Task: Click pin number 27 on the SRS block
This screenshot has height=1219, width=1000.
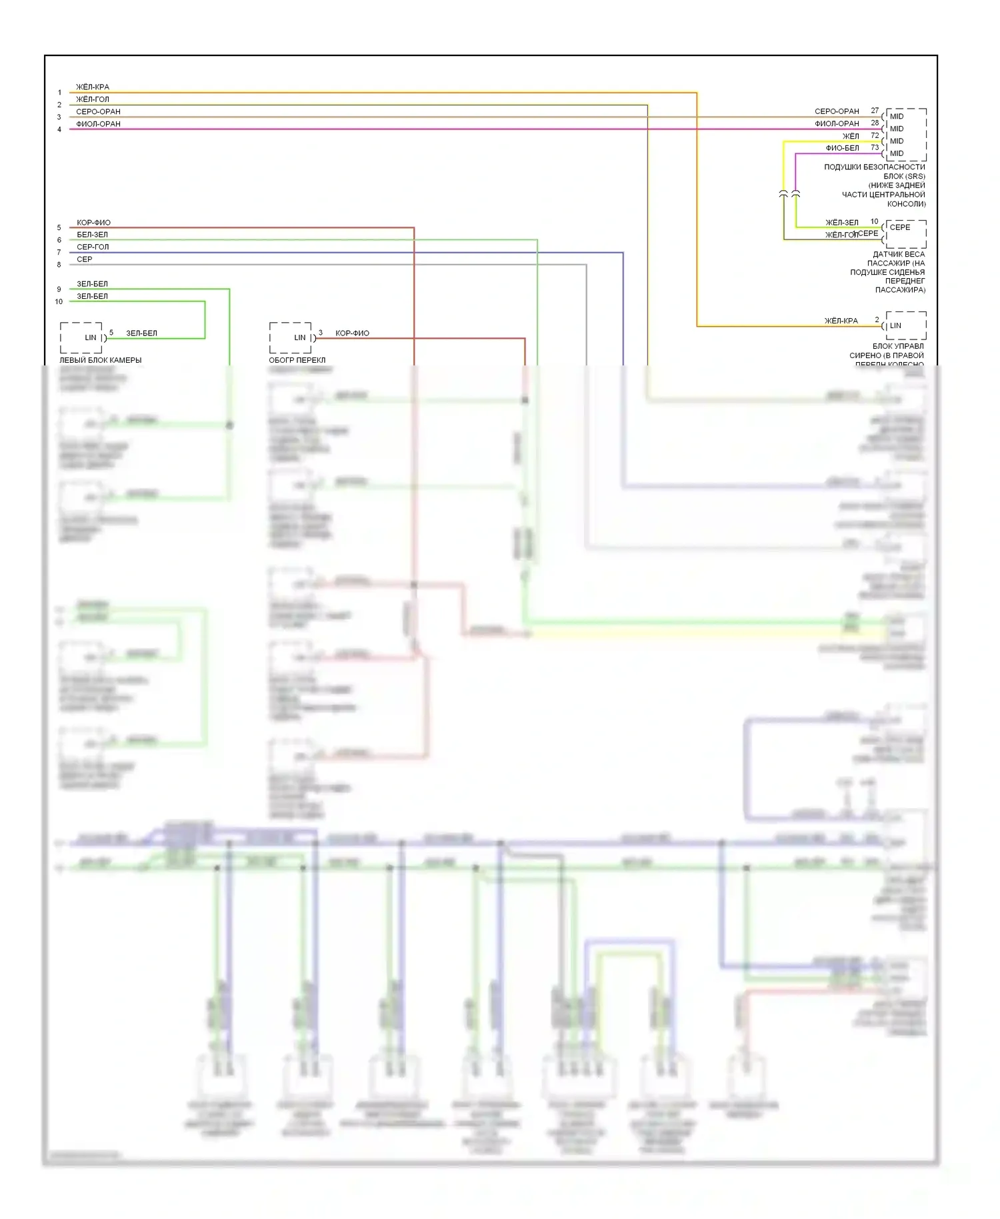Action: point(875,111)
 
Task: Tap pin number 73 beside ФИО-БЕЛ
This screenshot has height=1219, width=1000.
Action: point(875,147)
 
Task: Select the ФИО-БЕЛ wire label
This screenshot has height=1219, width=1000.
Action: point(842,148)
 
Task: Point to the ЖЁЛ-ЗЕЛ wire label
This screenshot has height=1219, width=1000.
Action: point(842,223)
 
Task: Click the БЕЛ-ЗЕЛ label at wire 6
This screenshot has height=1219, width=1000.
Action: point(92,235)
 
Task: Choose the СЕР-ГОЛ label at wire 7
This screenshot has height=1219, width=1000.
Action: point(93,247)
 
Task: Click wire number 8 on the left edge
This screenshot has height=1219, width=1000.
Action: point(59,265)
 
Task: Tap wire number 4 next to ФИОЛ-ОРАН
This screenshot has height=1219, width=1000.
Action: point(59,129)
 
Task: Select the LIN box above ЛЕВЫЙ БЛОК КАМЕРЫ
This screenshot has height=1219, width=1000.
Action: point(81,338)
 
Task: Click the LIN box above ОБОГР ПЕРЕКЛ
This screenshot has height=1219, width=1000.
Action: point(291,338)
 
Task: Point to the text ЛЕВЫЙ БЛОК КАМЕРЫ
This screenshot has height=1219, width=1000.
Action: point(101,360)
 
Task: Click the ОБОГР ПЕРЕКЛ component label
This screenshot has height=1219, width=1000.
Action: point(297,360)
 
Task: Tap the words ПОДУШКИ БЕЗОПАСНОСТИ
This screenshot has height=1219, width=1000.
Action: point(874,167)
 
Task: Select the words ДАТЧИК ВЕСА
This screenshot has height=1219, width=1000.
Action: point(899,254)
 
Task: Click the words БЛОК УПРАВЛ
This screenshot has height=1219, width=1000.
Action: point(898,346)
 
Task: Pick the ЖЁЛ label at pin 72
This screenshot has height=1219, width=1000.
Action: point(851,136)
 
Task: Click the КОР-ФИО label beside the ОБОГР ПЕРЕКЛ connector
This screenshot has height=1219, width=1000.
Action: point(352,333)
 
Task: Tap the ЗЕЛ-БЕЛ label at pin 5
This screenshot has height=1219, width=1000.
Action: point(141,333)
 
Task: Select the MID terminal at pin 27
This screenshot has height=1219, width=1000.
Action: point(897,116)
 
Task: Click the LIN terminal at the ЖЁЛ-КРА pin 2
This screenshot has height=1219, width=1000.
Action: point(895,325)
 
